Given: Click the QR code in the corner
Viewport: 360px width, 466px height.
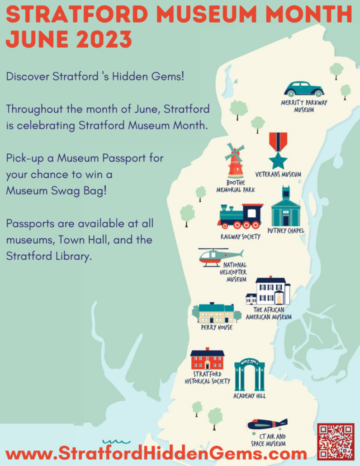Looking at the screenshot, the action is pos(336,442).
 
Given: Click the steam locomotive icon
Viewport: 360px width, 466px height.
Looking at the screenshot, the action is pos(240,216).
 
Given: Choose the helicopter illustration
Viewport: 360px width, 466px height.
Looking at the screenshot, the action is pos(221,257).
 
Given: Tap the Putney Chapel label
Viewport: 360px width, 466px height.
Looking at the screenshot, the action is pos(286,231).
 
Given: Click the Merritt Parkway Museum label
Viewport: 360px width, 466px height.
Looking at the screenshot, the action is pos(304,106).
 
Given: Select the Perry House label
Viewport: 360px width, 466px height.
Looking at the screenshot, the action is pos(217,328).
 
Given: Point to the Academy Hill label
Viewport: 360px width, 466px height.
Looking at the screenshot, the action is pos(250,396).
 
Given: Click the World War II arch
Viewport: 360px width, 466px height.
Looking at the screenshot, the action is pos(250,375).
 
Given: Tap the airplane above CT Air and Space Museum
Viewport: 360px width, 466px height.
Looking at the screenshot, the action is pos(267,424).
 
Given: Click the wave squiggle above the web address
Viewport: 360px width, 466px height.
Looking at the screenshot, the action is pos(116,442).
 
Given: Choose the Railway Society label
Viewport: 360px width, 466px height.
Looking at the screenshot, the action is pos(240,237).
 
